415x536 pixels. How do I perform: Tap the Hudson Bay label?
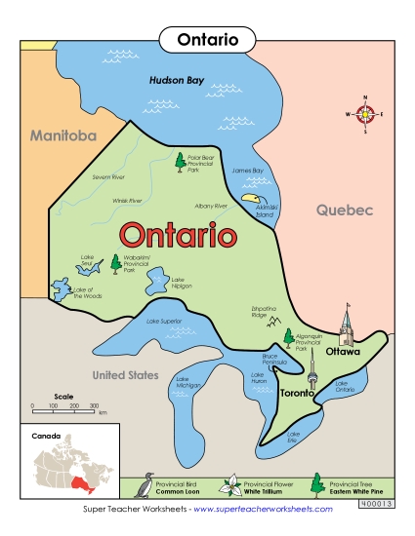pyautogui.click(x=176, y=81)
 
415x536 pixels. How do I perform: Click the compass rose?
pyautogui.click(x=365, y=114)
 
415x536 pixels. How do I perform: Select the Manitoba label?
pyautogui.click(x=62, y=135)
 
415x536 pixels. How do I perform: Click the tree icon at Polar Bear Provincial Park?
pyautogui.click(x=180, y=162)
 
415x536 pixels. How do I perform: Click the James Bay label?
pyautogui.click(x=248, y=171)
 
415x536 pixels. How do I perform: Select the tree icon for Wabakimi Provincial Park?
pyautogui.click(x=116, y=263)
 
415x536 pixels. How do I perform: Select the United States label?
pyautogui.click(x=124, y=374)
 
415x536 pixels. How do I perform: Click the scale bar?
pyautogui.click(x=63, y=406)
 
